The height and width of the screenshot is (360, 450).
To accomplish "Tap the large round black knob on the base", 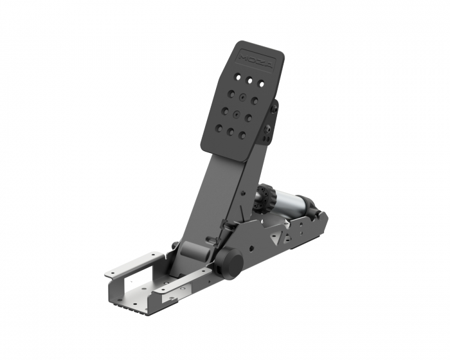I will click(x=230, y=260).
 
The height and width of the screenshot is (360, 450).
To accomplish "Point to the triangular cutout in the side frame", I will click(x=276, y=236).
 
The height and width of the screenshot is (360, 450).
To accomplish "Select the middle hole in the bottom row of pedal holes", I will click(x=230, y=132).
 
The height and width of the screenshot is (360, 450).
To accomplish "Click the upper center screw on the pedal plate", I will click(x=244, y=97).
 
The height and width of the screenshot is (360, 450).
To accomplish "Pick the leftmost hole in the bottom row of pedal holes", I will click(x=219, y=128).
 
